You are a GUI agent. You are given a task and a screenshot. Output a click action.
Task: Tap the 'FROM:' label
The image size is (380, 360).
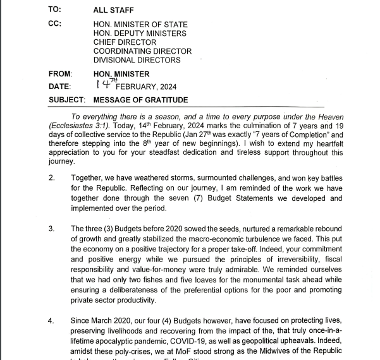pyautogui.click(x=60, y=74)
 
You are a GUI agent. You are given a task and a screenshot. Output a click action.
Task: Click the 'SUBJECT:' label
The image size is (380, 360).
pyautogui.click(x=68, y=100)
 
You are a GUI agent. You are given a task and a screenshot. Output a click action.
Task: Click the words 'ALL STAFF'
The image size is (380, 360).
pyautogui.click(x=114, y=10)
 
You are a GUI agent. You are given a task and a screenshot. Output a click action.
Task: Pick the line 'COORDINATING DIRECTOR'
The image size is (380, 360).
pyautogui.click(x=142, y=51)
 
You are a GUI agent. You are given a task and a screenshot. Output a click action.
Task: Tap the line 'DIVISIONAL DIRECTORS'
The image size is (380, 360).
pyautogui.click(x=137, y=60)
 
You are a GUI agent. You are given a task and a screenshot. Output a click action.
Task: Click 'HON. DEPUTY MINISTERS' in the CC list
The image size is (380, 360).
pyautogui.click(x=140, y=33)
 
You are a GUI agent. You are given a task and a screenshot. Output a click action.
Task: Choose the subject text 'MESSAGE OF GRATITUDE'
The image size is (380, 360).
pyautogui.click(x=140, y=100)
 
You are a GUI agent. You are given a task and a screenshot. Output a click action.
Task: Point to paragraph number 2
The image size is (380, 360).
pyautogui.click(x=52, y=179)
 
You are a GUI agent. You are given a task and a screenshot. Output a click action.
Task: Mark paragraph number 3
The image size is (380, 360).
pyautogui.click(x=52, y=229)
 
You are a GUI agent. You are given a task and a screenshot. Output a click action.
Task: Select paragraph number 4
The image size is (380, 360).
pyautogui.click(x=52, y=321)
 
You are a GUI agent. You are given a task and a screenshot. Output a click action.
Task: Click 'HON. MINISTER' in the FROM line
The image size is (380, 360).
pyautogui.click(x=121, y=74)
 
